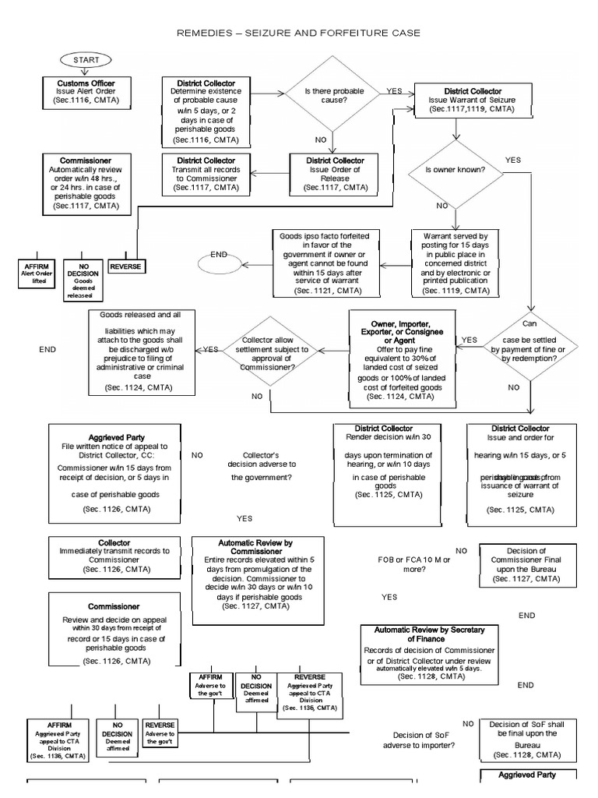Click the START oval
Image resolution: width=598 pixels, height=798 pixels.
85,60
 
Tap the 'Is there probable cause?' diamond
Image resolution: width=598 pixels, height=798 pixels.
334,96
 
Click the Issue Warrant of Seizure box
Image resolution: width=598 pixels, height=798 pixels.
473,101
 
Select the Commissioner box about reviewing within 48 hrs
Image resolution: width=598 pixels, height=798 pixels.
85,185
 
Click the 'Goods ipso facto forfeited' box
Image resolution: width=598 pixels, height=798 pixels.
325,262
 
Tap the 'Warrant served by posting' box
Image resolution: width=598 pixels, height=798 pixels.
456,263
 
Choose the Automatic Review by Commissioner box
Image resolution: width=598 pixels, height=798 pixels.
258,580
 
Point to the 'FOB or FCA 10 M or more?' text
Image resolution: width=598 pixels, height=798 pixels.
402,563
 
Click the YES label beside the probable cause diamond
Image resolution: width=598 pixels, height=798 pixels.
395,90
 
